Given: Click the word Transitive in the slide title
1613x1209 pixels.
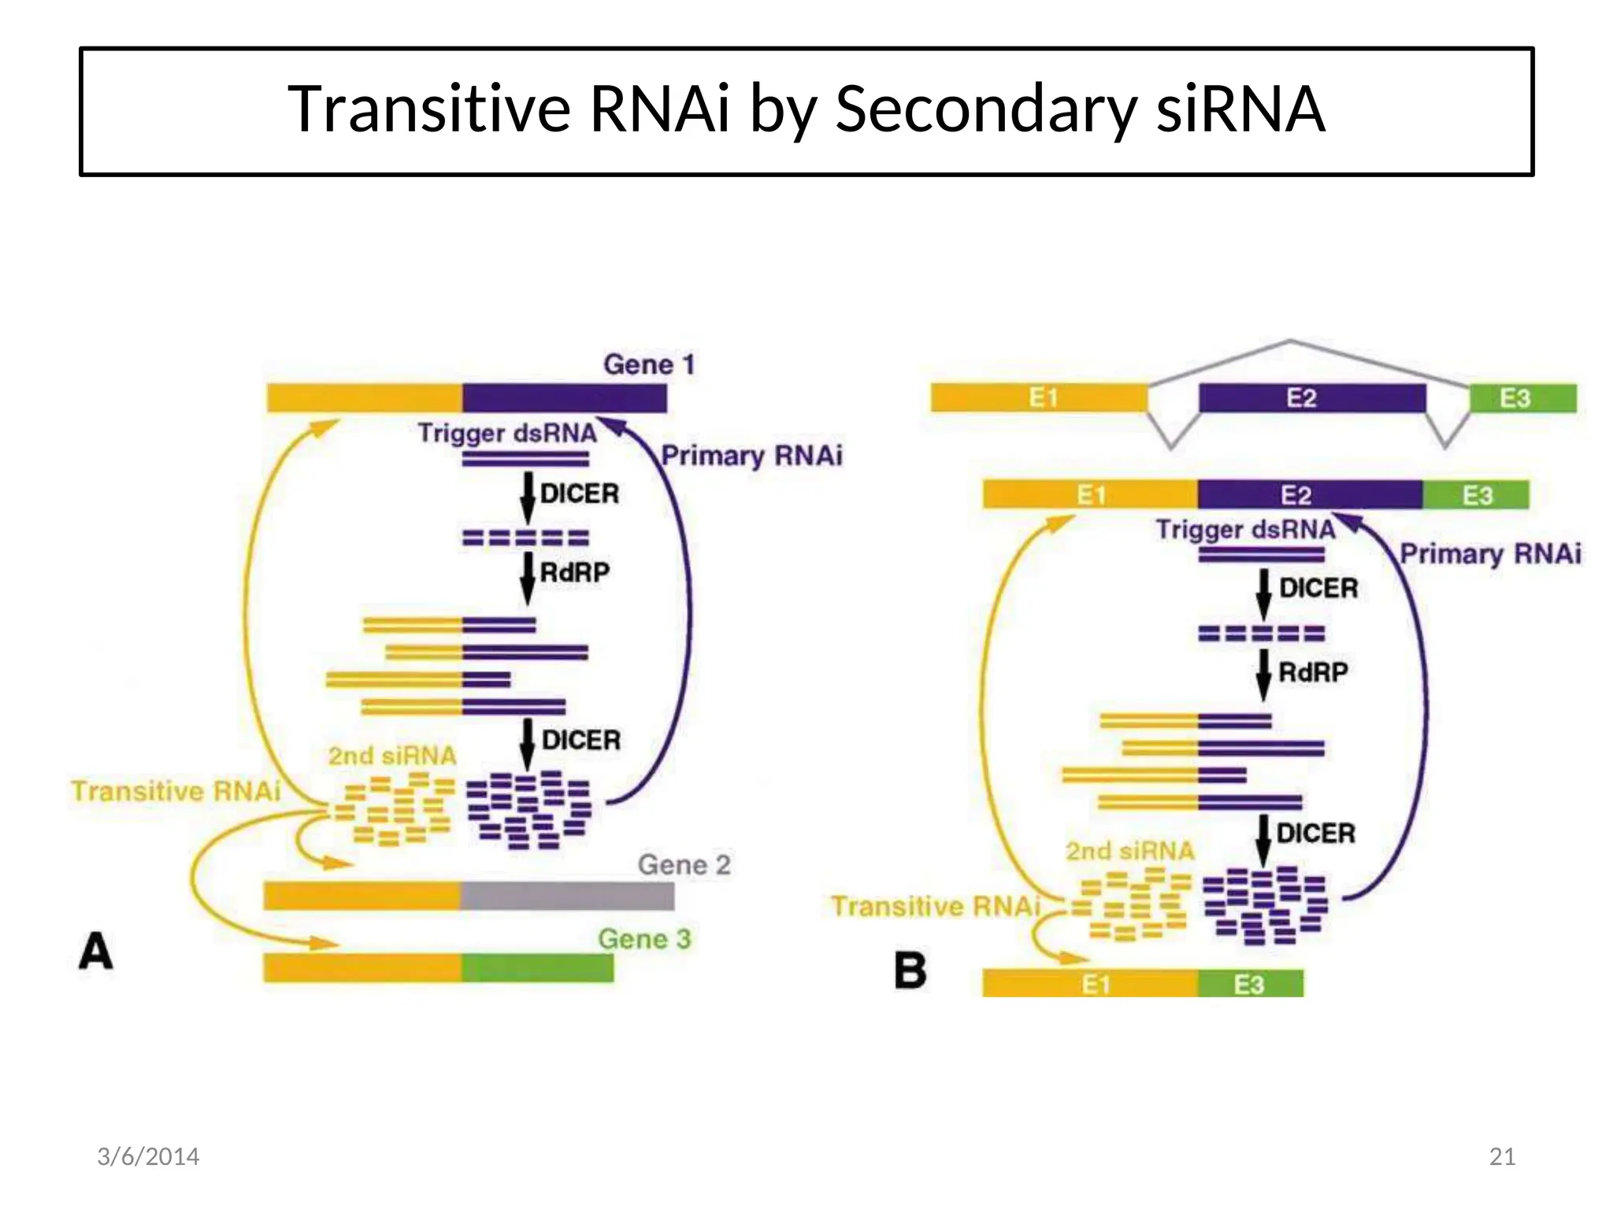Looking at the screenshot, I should point(428,109).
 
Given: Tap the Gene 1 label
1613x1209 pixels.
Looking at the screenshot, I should point(648,364).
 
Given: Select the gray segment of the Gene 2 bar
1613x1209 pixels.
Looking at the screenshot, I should point(567,896).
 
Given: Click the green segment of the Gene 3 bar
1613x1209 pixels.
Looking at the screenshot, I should point(537,967).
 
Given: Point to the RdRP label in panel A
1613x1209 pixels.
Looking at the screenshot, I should point(574,572).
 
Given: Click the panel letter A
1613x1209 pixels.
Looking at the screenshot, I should point(96,951).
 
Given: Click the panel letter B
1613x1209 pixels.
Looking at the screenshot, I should point(910,970).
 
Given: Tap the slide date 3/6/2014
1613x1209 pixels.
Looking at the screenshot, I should point(148,1156).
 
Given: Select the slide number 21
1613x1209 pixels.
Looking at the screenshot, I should point(1502,1156).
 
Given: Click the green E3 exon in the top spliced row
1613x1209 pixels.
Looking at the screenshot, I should point(1522,398).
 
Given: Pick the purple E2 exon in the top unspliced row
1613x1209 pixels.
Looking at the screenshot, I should point(1311,398).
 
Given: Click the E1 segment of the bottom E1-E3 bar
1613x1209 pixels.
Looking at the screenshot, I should point(1090,984).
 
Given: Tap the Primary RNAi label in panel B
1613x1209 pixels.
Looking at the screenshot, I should point(1489,553).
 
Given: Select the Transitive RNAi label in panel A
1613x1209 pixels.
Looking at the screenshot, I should point(176,791).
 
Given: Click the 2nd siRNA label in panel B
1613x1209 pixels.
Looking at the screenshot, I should point(1129,851).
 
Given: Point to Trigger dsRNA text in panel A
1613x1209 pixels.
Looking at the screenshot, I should point(506,433).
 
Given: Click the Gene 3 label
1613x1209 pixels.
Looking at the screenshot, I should point(643,939).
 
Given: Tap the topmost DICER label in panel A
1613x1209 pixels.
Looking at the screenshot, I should point(579,494).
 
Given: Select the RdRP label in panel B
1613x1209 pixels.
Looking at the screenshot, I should point(1312,672).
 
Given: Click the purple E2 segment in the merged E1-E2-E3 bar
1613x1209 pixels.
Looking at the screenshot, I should point(1310,495).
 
